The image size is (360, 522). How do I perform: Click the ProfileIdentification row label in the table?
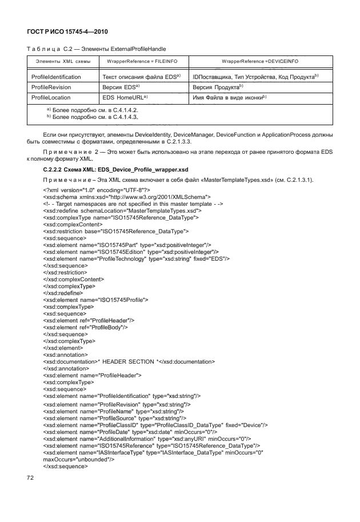click(56, 76)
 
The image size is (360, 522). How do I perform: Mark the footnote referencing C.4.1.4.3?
click(93, 116)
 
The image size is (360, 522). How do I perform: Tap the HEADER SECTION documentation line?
click(129, 361)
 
